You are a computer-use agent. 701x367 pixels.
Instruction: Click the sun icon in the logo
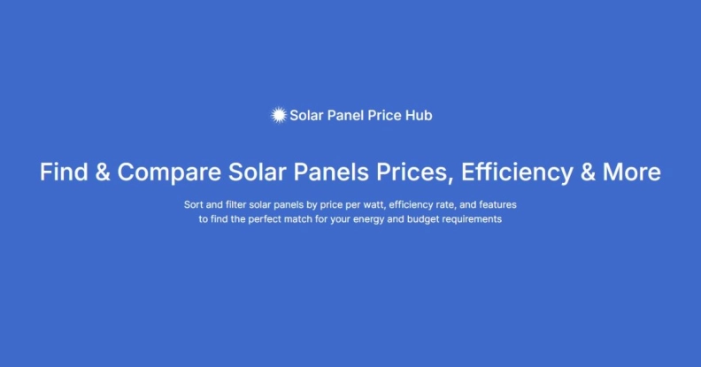(279, 115)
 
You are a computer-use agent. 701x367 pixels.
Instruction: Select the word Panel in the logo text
(346, 115)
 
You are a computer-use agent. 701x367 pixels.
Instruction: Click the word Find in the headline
(64, 172)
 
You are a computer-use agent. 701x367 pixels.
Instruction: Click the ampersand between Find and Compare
(103, 172)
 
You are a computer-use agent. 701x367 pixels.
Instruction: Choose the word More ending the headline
(632, 172)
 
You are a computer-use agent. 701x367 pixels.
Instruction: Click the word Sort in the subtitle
(193, 204)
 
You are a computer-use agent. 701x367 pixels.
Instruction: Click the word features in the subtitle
(497, 204)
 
